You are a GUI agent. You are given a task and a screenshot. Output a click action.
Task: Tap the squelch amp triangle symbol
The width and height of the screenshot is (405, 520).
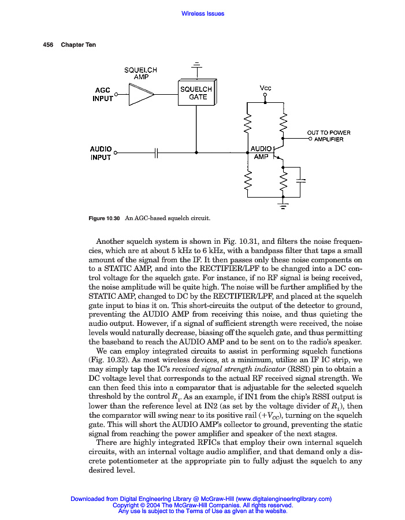tap(141, 94)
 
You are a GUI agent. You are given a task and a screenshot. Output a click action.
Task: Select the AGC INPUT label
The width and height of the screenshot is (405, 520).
tap(102, 94)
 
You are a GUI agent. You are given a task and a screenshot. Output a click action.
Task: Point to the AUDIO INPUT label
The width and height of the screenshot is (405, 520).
tap(101, 153)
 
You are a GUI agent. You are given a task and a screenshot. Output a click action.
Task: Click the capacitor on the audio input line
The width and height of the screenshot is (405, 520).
tap(157, 153)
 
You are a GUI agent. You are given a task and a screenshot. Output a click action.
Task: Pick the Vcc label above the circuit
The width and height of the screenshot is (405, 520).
tap(265, 88)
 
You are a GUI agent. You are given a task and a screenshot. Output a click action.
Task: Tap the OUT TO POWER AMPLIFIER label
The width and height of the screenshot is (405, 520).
tap(329, 136)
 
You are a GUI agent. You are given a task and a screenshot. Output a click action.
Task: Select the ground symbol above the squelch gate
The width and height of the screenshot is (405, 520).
tap(198, 65)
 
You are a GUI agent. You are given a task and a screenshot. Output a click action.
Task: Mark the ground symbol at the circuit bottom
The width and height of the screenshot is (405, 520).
tap(283, 205)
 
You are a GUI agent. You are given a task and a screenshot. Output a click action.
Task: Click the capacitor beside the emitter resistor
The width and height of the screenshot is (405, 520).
tap(300, 181)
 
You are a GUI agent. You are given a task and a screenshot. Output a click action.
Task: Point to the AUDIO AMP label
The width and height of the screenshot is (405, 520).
tap(261, 153)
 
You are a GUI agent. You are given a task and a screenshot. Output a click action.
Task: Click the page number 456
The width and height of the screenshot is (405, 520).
tap(49, 45)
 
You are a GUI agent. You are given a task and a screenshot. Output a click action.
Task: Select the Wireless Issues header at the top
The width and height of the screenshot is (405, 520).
tap(202, 13)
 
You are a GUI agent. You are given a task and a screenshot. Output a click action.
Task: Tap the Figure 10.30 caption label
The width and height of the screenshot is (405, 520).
tap(103, 218)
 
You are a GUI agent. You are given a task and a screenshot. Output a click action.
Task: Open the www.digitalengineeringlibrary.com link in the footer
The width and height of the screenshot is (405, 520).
tap(284, 499)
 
